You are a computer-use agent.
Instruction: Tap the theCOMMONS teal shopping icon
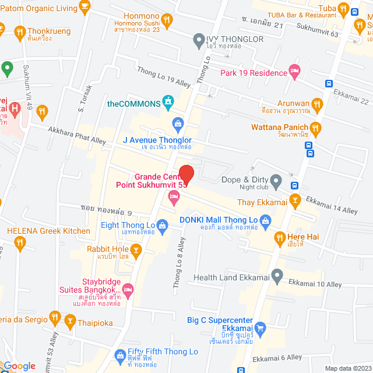168,103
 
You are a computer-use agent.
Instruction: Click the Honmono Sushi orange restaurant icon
168,20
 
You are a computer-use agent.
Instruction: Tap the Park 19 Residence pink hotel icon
295,72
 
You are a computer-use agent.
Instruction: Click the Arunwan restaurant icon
317,105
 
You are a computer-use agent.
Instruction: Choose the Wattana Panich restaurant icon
315,127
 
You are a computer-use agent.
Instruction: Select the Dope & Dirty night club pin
276,180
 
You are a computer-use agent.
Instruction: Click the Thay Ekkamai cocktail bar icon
295,202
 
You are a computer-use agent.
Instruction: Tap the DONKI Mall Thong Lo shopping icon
266,220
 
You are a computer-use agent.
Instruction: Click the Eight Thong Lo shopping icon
162,225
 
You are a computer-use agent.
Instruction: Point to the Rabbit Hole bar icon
136,251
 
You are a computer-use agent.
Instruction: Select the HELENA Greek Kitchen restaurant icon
22,242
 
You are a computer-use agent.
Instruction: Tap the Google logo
20,366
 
